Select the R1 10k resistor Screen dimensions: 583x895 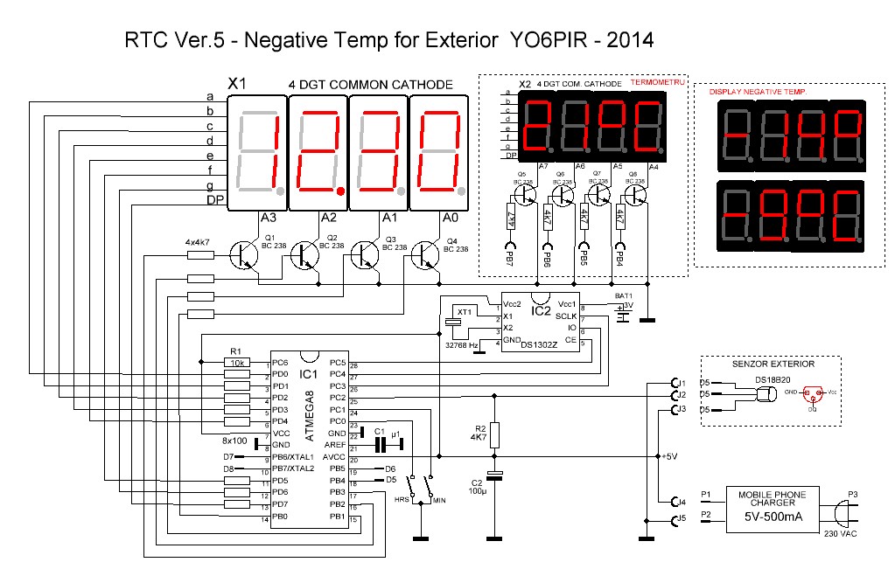[238, 363]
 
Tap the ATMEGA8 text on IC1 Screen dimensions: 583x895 [309, 419]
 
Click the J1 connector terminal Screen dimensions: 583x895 [675, 383]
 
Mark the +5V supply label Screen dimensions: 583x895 [672, 457]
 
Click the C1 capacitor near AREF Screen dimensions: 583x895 [380, 444]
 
